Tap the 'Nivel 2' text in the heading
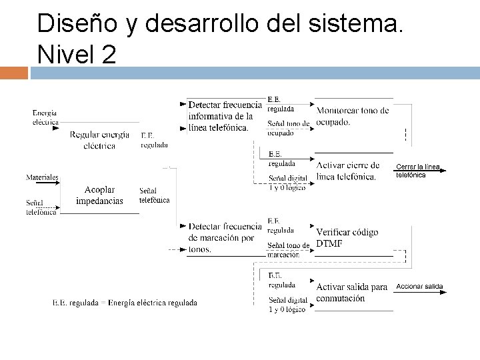(76, 53)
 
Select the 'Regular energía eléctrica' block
(100, 140)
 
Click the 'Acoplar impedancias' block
(99, 195)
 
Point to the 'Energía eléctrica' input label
(45, 117)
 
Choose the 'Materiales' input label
(42, 177)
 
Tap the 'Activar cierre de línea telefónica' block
(348, 171)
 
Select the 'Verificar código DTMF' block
(347, 237)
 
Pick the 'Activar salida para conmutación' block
(351, 293)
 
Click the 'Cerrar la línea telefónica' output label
(419, 170)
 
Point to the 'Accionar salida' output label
(419, 286)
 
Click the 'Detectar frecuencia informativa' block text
(224, 116)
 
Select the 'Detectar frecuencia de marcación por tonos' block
(221, 238)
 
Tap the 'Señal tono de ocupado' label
(289, 128)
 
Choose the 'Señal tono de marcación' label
(289, 249)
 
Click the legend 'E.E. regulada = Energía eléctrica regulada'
(125, 303)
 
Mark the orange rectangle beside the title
(14, 73)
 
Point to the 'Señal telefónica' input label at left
(41, 207)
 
